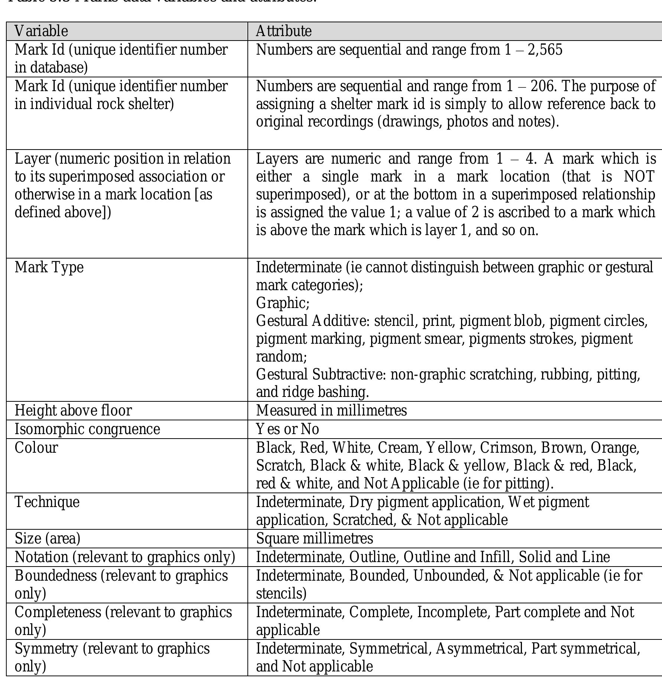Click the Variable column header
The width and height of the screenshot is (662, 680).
point(41,31)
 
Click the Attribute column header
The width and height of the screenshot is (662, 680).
point(284,31)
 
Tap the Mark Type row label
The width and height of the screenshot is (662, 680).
point(49,267)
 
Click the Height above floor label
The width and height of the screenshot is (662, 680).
point(73,411)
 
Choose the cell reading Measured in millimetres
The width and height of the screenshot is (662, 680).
point(331,411)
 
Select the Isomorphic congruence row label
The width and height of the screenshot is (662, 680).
point(87,429)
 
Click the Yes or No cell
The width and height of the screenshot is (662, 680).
point(288,429)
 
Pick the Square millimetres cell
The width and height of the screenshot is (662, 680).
point(315,539)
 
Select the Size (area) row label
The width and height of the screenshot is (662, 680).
point(48,539)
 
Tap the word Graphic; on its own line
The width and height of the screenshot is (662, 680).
point(283,303)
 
